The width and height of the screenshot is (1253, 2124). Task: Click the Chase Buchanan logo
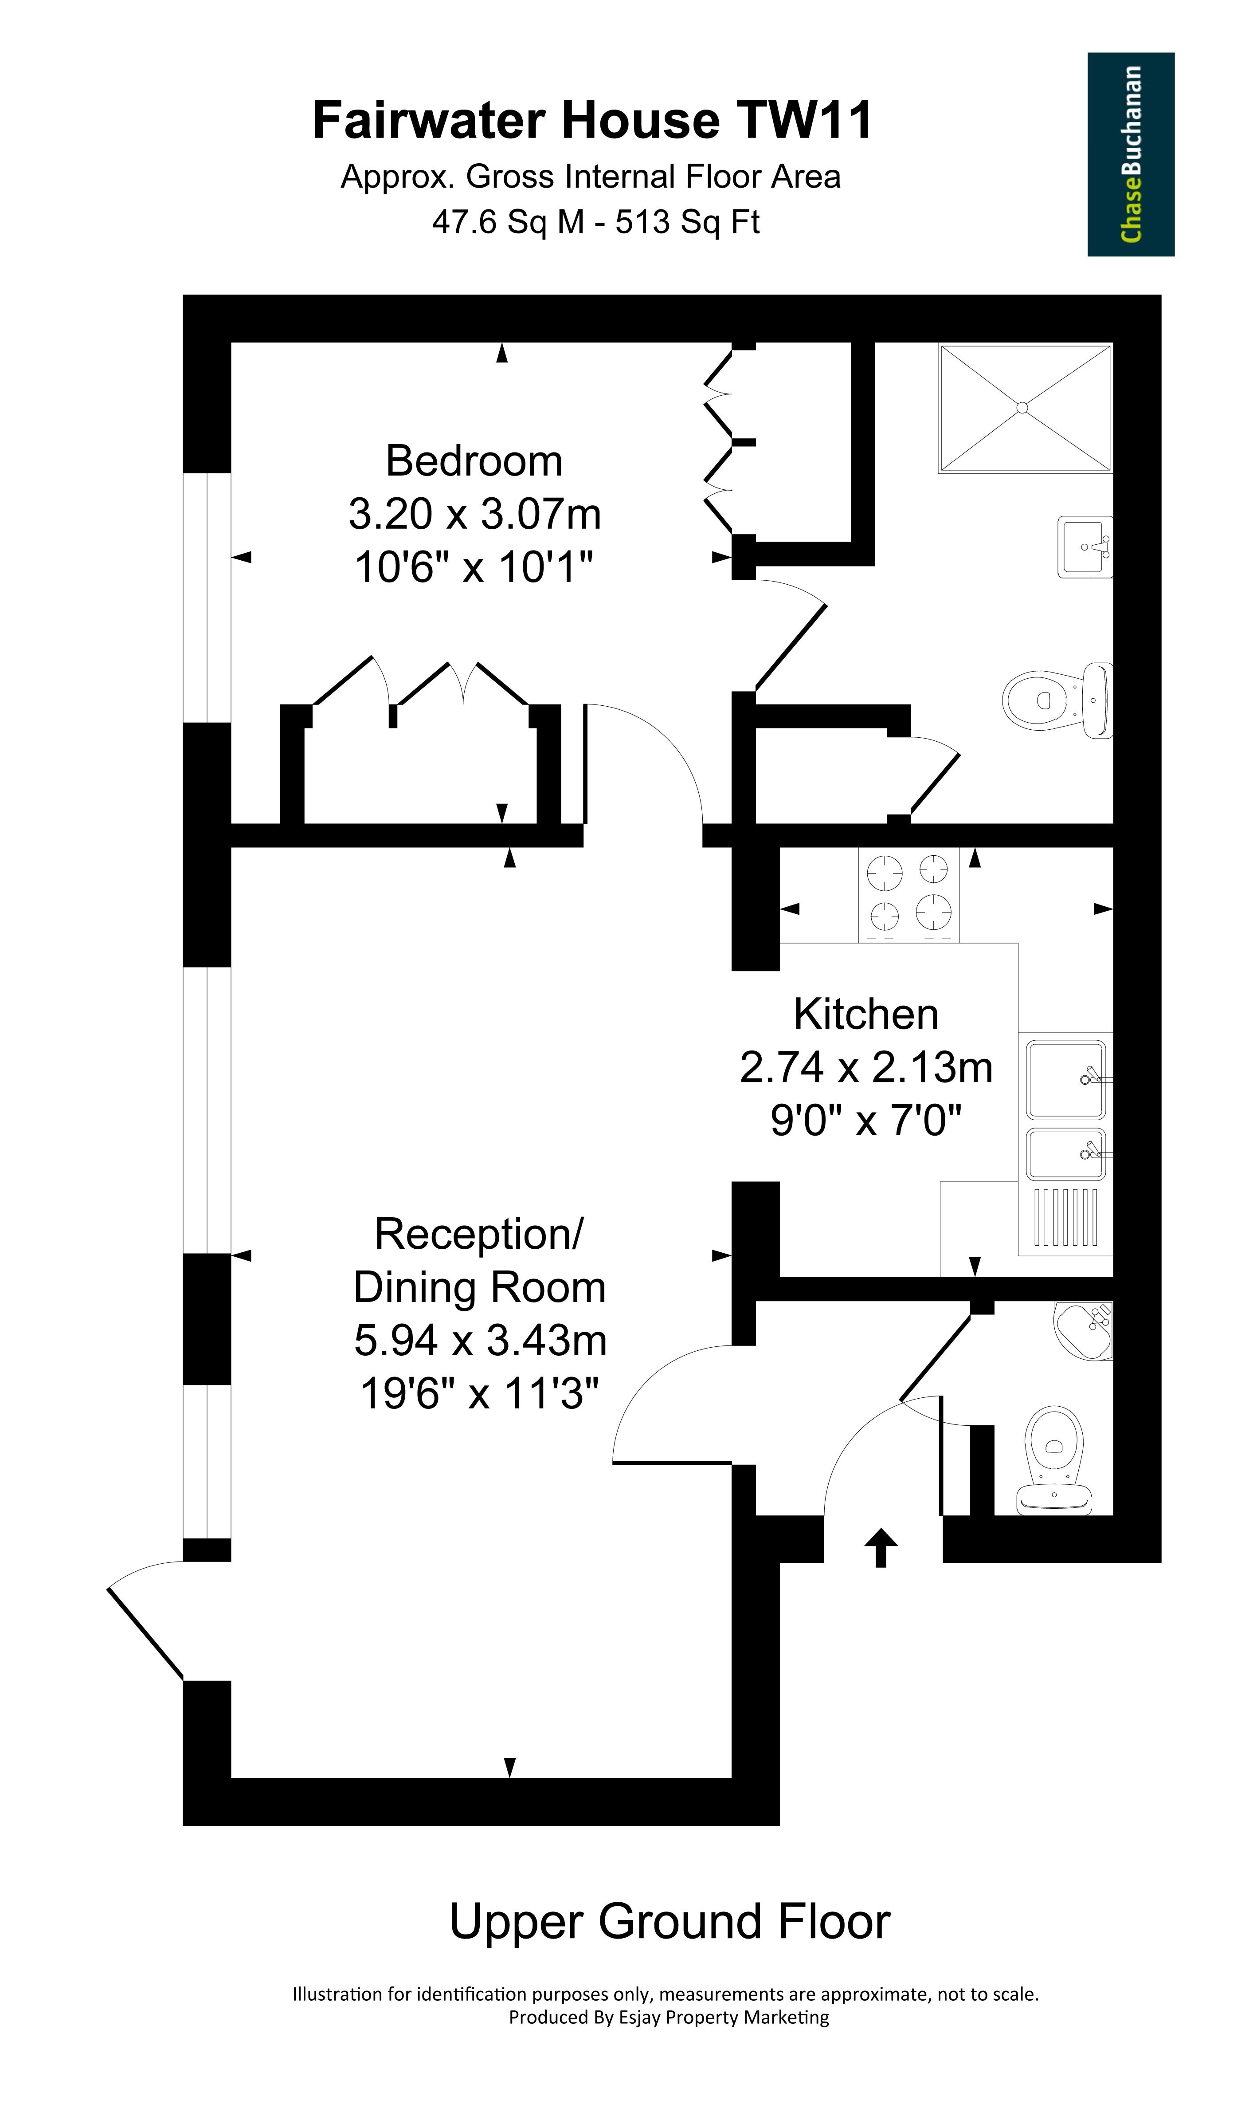coord(1131,154)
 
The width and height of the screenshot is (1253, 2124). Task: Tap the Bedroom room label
coord(474,461)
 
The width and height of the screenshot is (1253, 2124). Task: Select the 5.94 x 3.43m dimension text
coord(481,1341)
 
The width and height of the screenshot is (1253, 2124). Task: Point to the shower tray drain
coord(1022,408)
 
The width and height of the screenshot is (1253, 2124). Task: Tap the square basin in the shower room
coord(1086,547)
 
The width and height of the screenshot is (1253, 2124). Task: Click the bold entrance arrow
coord(881,1547)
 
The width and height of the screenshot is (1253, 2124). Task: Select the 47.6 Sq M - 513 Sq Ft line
coord(596,222)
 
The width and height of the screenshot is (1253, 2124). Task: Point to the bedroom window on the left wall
coord(207,598)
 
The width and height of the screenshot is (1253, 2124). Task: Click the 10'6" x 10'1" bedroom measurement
coord(474,566)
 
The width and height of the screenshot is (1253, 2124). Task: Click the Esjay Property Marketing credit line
coord(669,2018)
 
